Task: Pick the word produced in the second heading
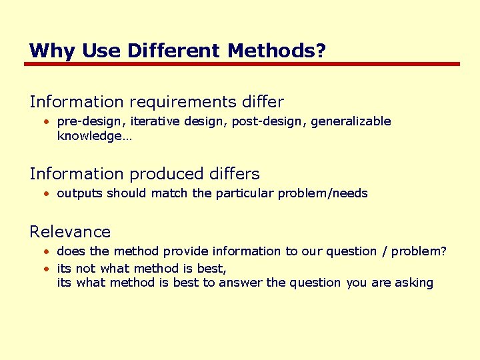click(x=165, y=174)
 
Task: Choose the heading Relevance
click(x=70, y=232)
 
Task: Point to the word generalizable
click(x=351, y=122)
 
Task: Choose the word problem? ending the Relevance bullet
click(x=419, y=252)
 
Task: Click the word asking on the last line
click(x=413, y=283)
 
